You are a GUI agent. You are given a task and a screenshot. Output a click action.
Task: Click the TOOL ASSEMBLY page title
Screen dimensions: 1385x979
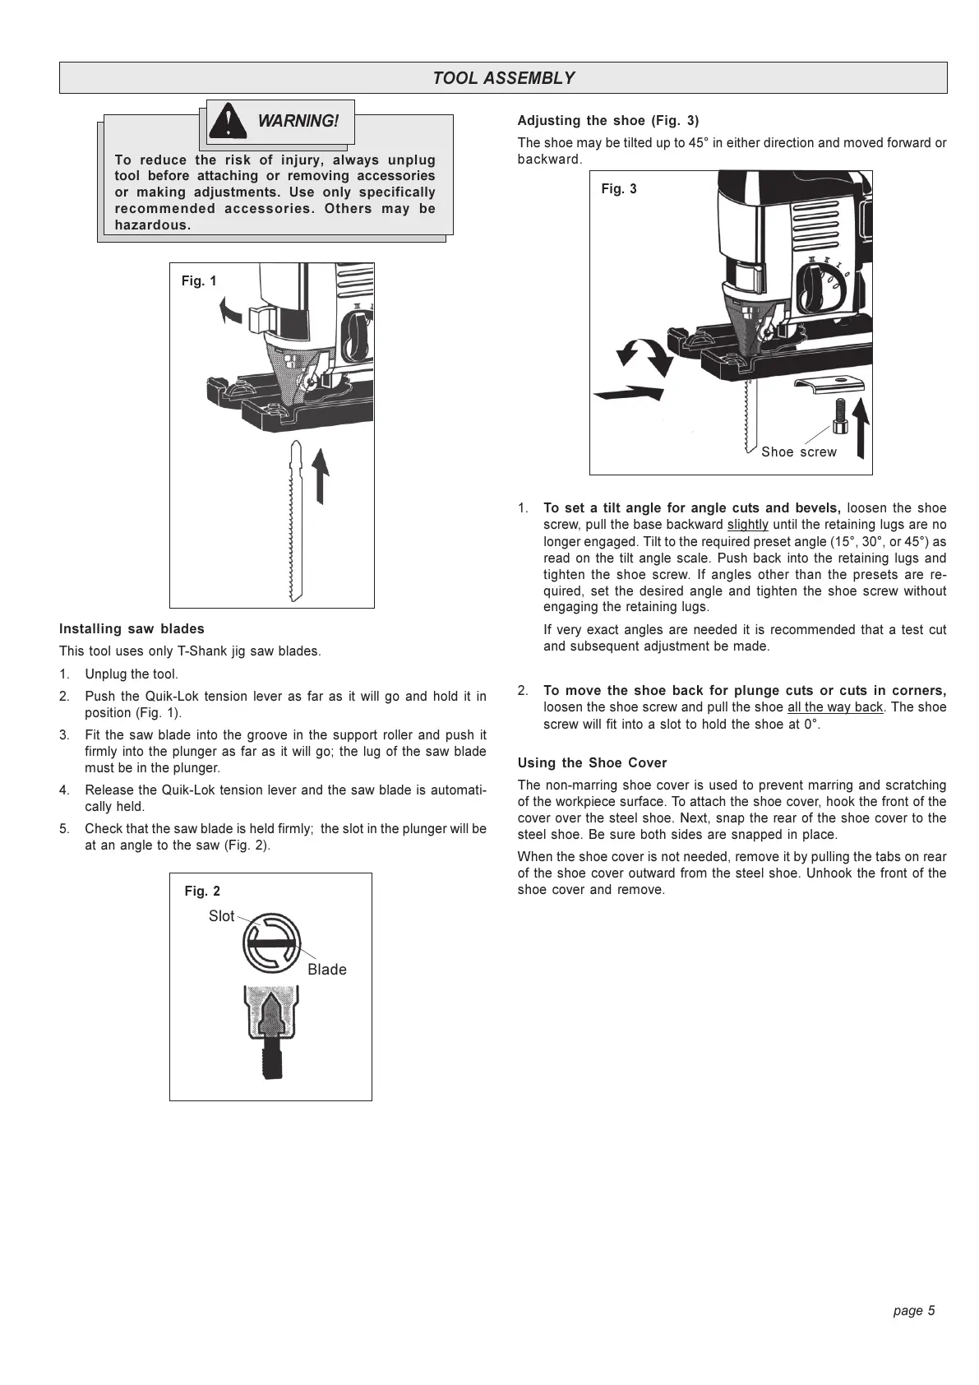[x=503, y=78]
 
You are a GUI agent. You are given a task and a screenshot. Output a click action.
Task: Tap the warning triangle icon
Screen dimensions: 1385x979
[x=228, y=122]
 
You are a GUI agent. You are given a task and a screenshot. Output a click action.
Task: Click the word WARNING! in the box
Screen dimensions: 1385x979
[x=298, y=121]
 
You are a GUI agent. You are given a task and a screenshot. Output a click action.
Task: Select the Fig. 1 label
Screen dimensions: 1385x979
[x=199, y=281]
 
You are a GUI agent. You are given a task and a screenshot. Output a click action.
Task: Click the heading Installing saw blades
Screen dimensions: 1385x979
[x=132, y=629]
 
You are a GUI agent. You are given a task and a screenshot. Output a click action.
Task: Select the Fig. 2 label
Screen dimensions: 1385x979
[x=202, y=892]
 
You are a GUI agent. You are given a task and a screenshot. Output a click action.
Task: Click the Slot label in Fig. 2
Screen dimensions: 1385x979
[x=221, y=916]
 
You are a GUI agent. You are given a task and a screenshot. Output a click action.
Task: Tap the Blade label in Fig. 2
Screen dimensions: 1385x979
[x=327, y=970]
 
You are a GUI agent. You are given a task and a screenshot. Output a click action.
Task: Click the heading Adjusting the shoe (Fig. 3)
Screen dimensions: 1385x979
[x=608, y=121]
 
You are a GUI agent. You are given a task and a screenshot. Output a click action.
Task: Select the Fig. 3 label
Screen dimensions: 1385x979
[x=619, y=189]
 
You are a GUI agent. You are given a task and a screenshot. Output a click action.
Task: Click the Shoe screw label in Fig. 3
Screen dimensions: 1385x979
[x=798, y=452]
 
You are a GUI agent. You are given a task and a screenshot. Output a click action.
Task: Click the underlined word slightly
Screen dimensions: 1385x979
[x=748, y=525]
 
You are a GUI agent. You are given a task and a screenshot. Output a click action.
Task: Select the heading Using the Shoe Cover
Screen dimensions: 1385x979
[x=592, y=763]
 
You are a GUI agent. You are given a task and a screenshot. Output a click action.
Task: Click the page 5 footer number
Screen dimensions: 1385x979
[x=914, y=1311]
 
